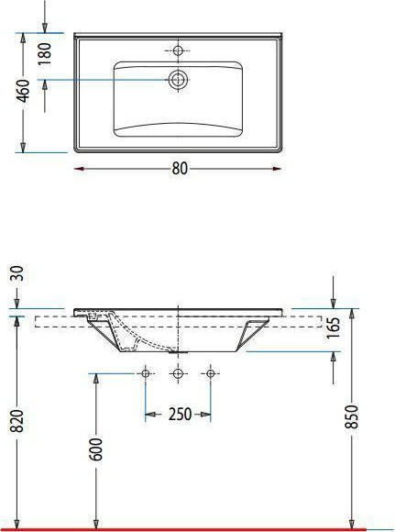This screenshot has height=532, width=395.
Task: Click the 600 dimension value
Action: [x=96, y=449]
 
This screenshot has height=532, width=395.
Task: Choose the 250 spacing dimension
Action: [x=179, y=415]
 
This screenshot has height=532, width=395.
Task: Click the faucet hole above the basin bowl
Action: [x=179, y=50]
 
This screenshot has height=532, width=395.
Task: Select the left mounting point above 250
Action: [x=145, y=373]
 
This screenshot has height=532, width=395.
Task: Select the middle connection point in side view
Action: [x=179, y=373]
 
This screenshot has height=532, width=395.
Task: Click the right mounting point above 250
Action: [x=211, y=373]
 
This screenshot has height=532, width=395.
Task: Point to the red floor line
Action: [x=197, y=529]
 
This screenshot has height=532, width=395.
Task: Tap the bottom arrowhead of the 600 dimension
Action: [x=94, y=522]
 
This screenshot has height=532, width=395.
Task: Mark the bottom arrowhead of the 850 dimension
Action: [x=352, y=522]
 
